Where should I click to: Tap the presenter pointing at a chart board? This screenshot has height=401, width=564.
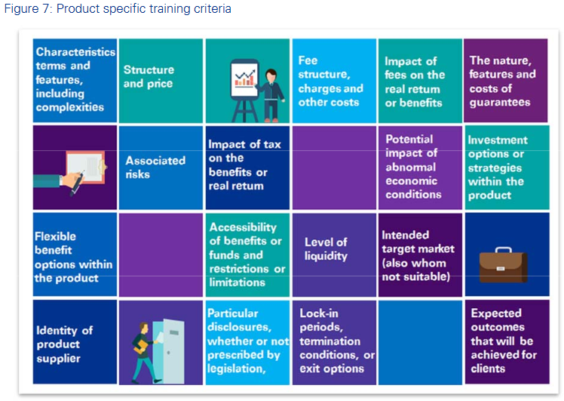[256, 85]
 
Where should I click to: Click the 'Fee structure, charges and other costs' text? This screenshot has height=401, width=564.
[329, 81]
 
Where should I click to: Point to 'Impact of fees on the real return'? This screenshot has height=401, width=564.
[415, 82]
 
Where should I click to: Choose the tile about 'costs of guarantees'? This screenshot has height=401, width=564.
[502, 81]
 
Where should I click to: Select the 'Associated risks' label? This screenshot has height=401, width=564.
[155, 167]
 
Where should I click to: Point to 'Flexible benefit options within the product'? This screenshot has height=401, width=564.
[73, 257]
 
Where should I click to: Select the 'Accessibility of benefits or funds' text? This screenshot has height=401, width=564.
[247, 254]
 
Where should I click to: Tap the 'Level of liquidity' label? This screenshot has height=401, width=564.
[326, 248]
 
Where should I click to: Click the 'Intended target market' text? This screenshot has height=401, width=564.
[418, 255]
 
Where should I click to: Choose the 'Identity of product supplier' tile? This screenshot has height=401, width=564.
[65, 344]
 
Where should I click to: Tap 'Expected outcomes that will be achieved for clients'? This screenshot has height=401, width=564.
[501, 341]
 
